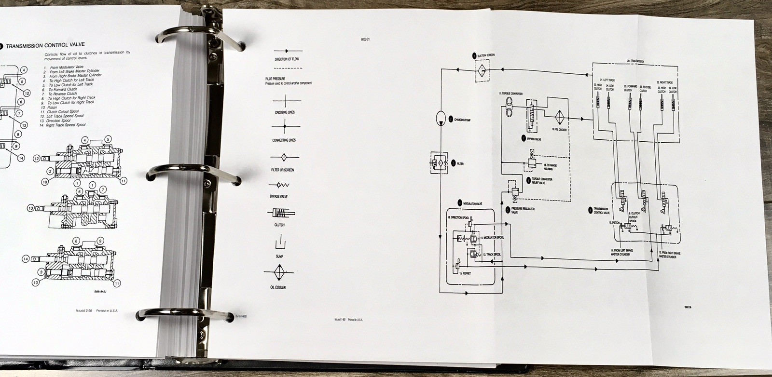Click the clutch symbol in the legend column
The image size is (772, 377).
coord(279,214)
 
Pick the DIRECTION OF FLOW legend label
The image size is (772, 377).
coord(284,59)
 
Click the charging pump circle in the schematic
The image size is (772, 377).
coord(441,119)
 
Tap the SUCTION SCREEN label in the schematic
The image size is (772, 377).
coord(486,55)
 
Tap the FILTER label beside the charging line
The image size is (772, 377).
coord(460,164)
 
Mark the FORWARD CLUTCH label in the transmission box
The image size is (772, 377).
coord(628,88)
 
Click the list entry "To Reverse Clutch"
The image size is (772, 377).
coord(62,94)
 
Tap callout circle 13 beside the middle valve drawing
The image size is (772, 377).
coord(30,208)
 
